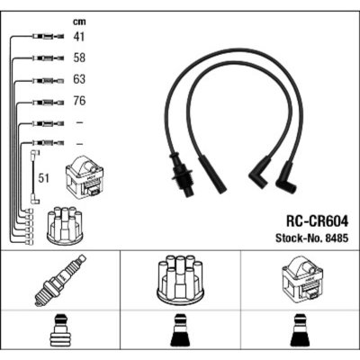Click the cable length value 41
[79, 37]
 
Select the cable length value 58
[79, 58]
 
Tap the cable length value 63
[79, 79]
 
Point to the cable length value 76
[79, 101]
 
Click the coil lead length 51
[43, 178]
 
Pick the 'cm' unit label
[79, 22]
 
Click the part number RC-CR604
[318, 222]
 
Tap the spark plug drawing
[60, 281]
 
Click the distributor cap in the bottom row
[180, 280]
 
